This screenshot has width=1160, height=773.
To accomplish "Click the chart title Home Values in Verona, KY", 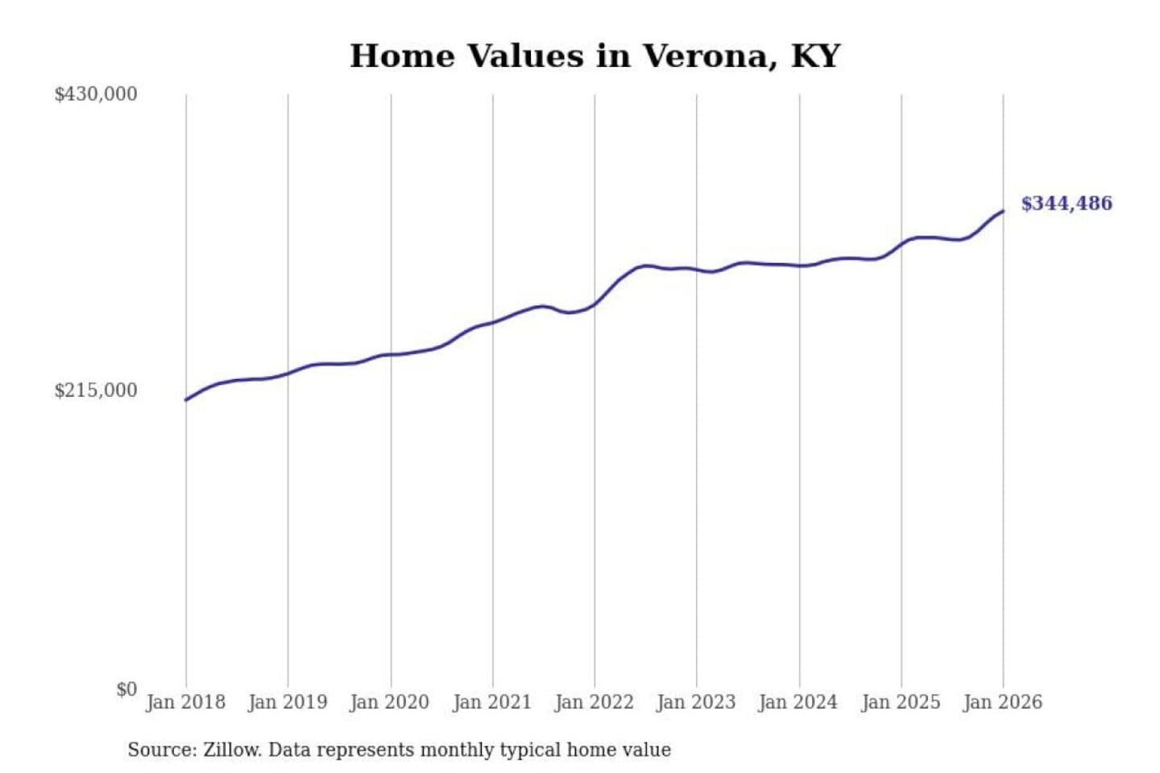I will [594, 56].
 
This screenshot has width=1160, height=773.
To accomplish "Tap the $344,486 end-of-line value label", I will [1066, 204].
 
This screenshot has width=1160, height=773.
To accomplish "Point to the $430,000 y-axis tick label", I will [96, 94].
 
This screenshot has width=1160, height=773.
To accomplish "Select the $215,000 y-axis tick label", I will [96, 391].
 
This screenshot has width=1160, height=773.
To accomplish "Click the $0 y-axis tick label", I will [126, 689].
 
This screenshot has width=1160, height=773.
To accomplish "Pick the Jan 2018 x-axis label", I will [185, 702].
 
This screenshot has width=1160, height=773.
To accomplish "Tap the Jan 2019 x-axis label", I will [288, 702].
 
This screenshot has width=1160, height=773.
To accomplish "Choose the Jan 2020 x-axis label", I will [390, 702].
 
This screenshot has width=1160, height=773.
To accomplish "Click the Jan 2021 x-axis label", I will [492, 702].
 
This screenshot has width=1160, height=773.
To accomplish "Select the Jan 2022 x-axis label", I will [594, 702].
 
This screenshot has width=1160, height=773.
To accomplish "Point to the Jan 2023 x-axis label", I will [696, 702].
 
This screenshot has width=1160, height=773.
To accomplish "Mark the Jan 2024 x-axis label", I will [798, 702].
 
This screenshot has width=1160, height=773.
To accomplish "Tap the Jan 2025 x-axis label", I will [901, 702].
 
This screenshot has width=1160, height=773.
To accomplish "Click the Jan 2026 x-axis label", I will [1003, 702].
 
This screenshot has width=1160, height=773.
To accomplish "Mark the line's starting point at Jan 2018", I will [186, 399].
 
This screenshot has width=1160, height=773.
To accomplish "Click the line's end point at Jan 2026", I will [1003, 211].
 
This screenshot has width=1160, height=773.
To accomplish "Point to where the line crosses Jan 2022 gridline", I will [594, 304].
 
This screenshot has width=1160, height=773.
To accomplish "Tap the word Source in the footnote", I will [161, 750].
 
